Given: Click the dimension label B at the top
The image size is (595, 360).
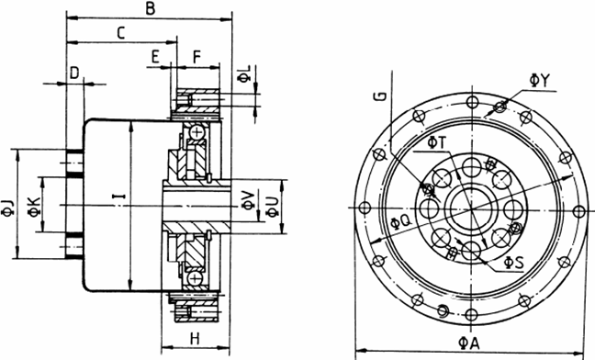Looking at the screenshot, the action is pyautogui.click(x=151, y=9).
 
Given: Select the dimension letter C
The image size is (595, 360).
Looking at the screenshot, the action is pyautogui.click(x=120, y=33).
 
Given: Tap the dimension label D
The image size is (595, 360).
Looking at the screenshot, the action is pyautogui.click(x=74, y=73).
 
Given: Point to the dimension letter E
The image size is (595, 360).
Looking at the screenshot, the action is pyautogui.click(x=155, y=57).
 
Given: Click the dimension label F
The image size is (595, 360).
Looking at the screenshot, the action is pyautogui.click(x=196, y=57).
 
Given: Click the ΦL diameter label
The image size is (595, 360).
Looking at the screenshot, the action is pyautogui.click(x=244, y=73).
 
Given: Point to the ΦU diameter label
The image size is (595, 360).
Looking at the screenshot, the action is pyautogui.click(x=273, y=208).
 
